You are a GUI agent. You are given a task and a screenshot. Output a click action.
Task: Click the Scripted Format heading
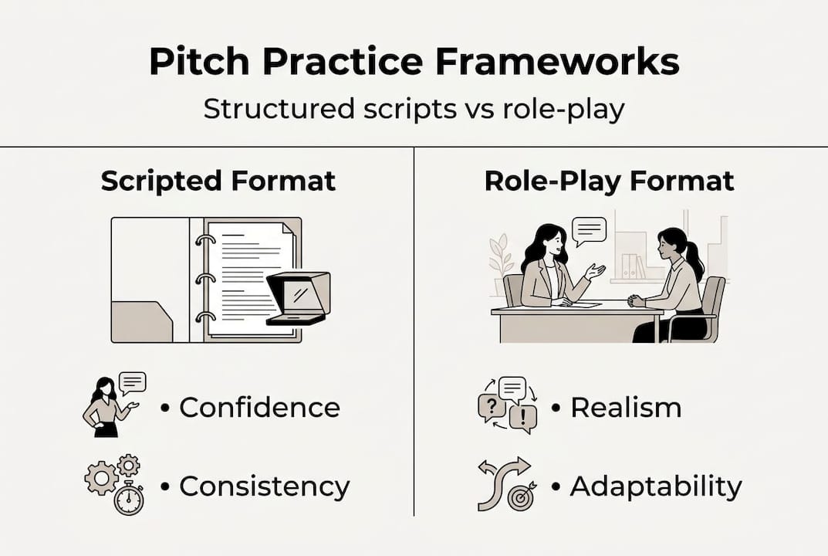pos(218,181)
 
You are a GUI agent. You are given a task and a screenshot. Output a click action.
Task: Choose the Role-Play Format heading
pos(610,181)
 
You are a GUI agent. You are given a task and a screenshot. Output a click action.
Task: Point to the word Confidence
pos(259,407)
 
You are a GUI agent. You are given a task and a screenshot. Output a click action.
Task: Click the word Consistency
pos(264,486)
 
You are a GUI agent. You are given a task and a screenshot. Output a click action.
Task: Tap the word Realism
pos(626,407)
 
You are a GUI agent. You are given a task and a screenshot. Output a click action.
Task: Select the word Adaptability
pos(656,486)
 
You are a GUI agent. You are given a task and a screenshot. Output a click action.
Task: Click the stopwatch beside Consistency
pos(129,499)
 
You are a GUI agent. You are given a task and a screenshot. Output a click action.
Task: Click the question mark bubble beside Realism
pos(489,405)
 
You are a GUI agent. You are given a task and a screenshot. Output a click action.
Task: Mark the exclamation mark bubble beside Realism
pos(523,418)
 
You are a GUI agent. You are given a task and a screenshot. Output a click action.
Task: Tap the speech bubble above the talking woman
pos(590,230)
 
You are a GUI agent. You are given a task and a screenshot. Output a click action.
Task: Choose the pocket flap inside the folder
pos(143,320)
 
